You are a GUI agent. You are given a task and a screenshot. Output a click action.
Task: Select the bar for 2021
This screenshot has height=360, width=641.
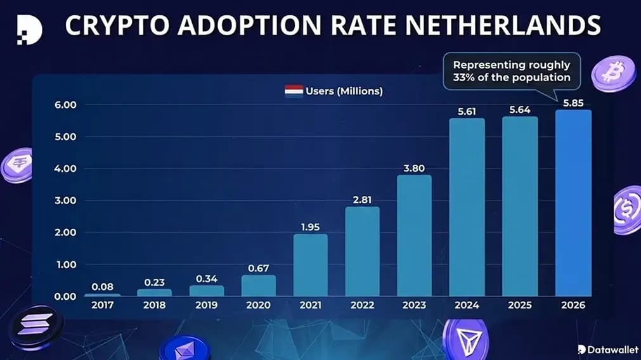tap(311, 265)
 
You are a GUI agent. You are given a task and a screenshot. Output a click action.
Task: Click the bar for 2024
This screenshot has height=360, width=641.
tap(467, 207)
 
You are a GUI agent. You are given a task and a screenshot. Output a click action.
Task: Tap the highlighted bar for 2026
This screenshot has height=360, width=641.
tap(573, 203)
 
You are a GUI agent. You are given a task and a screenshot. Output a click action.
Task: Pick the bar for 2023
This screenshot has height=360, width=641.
tap(414, 236)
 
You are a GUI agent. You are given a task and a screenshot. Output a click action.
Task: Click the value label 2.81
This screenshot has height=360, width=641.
tap(362, 199)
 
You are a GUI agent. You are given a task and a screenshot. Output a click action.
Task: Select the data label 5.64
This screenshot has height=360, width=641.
tap(520, 109)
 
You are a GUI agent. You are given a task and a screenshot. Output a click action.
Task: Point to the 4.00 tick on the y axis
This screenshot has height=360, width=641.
tap(65, 169)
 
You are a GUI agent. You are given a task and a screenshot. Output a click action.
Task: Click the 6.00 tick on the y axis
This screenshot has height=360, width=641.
tap(65, 105)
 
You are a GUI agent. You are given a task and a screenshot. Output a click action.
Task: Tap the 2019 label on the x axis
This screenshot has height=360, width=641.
tap(206, 305)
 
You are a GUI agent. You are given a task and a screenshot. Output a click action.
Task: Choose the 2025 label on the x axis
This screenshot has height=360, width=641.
tap(520, 305)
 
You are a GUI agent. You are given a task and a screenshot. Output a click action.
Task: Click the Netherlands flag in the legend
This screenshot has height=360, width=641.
tap(293, 91)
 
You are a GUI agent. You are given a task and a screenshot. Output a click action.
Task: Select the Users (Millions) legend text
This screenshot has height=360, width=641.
tap(344, 91)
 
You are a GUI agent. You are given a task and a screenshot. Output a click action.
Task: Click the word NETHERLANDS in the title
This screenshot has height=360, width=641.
tap(503, 26)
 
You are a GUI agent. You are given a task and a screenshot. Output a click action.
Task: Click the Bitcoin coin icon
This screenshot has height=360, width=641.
tap(612, 73)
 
